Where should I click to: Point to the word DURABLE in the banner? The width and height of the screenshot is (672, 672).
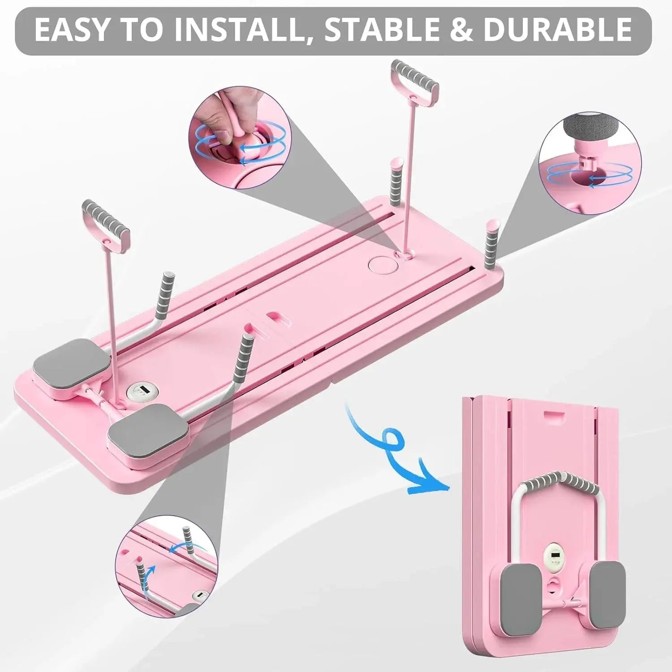click(558, 30)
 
